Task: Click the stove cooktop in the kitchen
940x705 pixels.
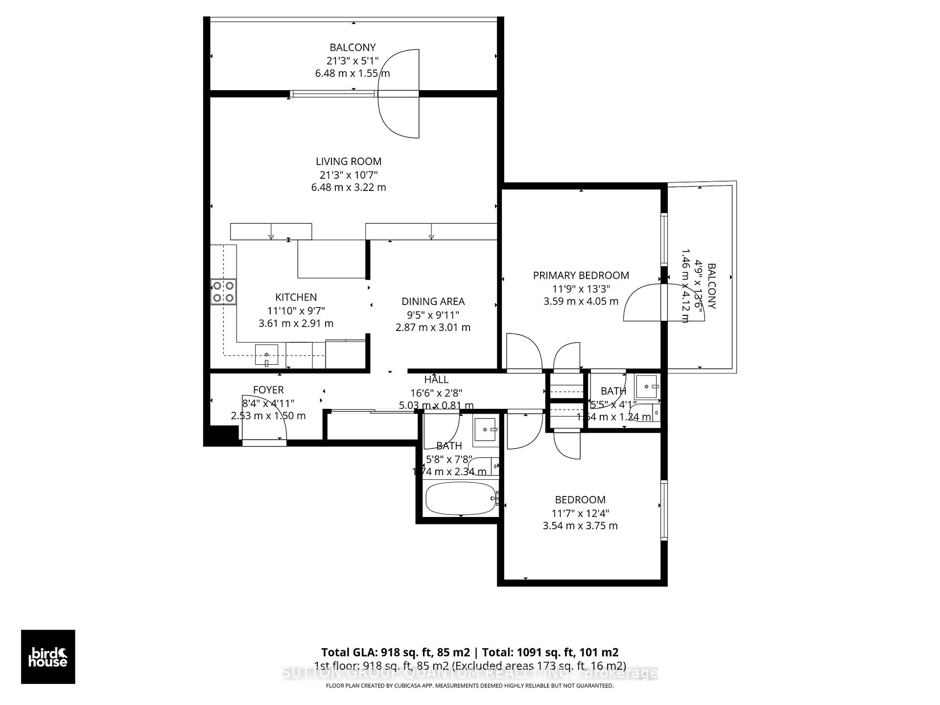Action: pyautogui.click(x=223, y=291)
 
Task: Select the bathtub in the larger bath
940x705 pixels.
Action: pyautogui.click(x=461, y=498)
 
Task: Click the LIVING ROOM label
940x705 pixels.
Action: pyautogui.click(x=348, y=162)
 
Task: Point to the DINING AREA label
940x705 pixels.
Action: pyautogui.click(x=433, y=302)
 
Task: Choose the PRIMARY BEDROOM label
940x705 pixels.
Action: pyautogui.click(x=581, y=276)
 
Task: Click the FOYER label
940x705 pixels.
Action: pyautogui.click(x=268, y=390)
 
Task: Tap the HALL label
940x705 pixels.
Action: pyautogui.click(x=436, y=379)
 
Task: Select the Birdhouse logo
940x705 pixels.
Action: pyautogui.click(x=48, y=657)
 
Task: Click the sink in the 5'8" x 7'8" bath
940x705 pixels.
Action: pyautogui.click(x=485, y=429)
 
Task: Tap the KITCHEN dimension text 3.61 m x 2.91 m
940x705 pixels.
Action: pyautogui.click(x=296, y=324)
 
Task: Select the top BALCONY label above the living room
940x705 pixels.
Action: pyautogui.click(x=352, y=47)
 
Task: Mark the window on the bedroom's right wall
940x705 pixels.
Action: pyautogui.click(x=664, y=510)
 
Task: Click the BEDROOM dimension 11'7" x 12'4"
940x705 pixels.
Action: pyautogui.click(x=580, y=513)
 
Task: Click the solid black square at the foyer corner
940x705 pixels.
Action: pyautogui.click(x=221, y=435)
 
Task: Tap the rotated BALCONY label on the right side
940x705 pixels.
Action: pyautogui.click(x=711, y=286)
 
